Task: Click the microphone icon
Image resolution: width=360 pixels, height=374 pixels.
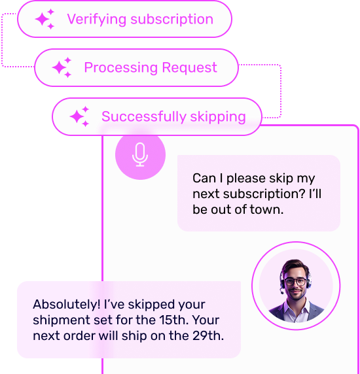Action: tap(140, 154)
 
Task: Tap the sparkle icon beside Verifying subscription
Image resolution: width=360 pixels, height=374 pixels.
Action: tap(45, 19)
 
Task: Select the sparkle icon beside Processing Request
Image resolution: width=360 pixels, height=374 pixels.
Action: tap(62, 67)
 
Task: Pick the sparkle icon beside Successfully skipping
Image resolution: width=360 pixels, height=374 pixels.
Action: tap(79, 116)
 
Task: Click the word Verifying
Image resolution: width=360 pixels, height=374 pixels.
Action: tap(97, 20)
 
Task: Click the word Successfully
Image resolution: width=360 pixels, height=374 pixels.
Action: tap(144, 116)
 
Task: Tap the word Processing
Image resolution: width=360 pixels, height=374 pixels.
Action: tap(121, 68)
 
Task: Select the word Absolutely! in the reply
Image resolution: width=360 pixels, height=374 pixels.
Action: tap(67, 304)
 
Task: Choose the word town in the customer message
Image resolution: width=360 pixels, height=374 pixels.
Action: tap(266, 209)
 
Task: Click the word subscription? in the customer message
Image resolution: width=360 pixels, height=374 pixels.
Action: tap(264, 194)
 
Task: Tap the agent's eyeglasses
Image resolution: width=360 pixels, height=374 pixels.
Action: tap(296, 282)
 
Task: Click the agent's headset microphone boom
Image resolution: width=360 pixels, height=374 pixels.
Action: tap(282, 290)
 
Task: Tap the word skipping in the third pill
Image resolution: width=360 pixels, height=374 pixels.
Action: tap(218, 117)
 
